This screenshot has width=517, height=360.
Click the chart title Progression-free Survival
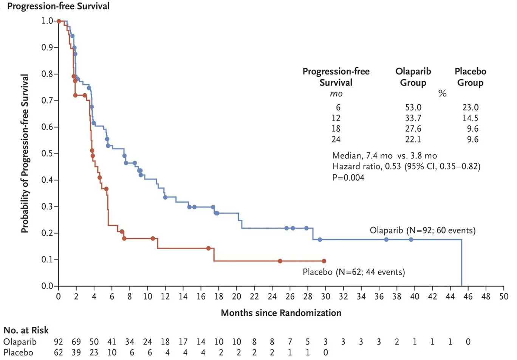(59, 6)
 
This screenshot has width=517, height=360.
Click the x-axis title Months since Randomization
(281, 313)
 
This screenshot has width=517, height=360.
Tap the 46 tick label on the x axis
(468, 296)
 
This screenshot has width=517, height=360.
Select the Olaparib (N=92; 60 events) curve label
(423, 230)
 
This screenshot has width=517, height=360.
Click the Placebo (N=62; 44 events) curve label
(354, 272)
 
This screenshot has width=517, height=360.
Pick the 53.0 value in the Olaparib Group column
(413, 107)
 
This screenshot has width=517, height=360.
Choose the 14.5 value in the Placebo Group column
(470, 118)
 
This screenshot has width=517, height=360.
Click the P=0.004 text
(348, 177)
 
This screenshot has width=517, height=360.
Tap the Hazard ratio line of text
(406, 166)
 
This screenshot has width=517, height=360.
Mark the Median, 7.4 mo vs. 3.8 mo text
(384, 155)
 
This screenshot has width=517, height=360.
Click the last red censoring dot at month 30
(324, 261)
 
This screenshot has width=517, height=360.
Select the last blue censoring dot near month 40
(411, 239)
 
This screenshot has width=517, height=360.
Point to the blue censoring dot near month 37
(386, 239)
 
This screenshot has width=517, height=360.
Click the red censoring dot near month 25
(280, 261)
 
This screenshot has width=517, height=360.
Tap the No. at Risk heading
(26, 330)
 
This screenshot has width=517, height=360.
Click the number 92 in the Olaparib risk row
(58, 342)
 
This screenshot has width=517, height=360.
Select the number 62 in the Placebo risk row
(58, 352)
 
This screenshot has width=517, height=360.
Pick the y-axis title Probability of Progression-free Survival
(25, 154)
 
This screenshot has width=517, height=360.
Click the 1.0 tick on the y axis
(48, 21)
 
